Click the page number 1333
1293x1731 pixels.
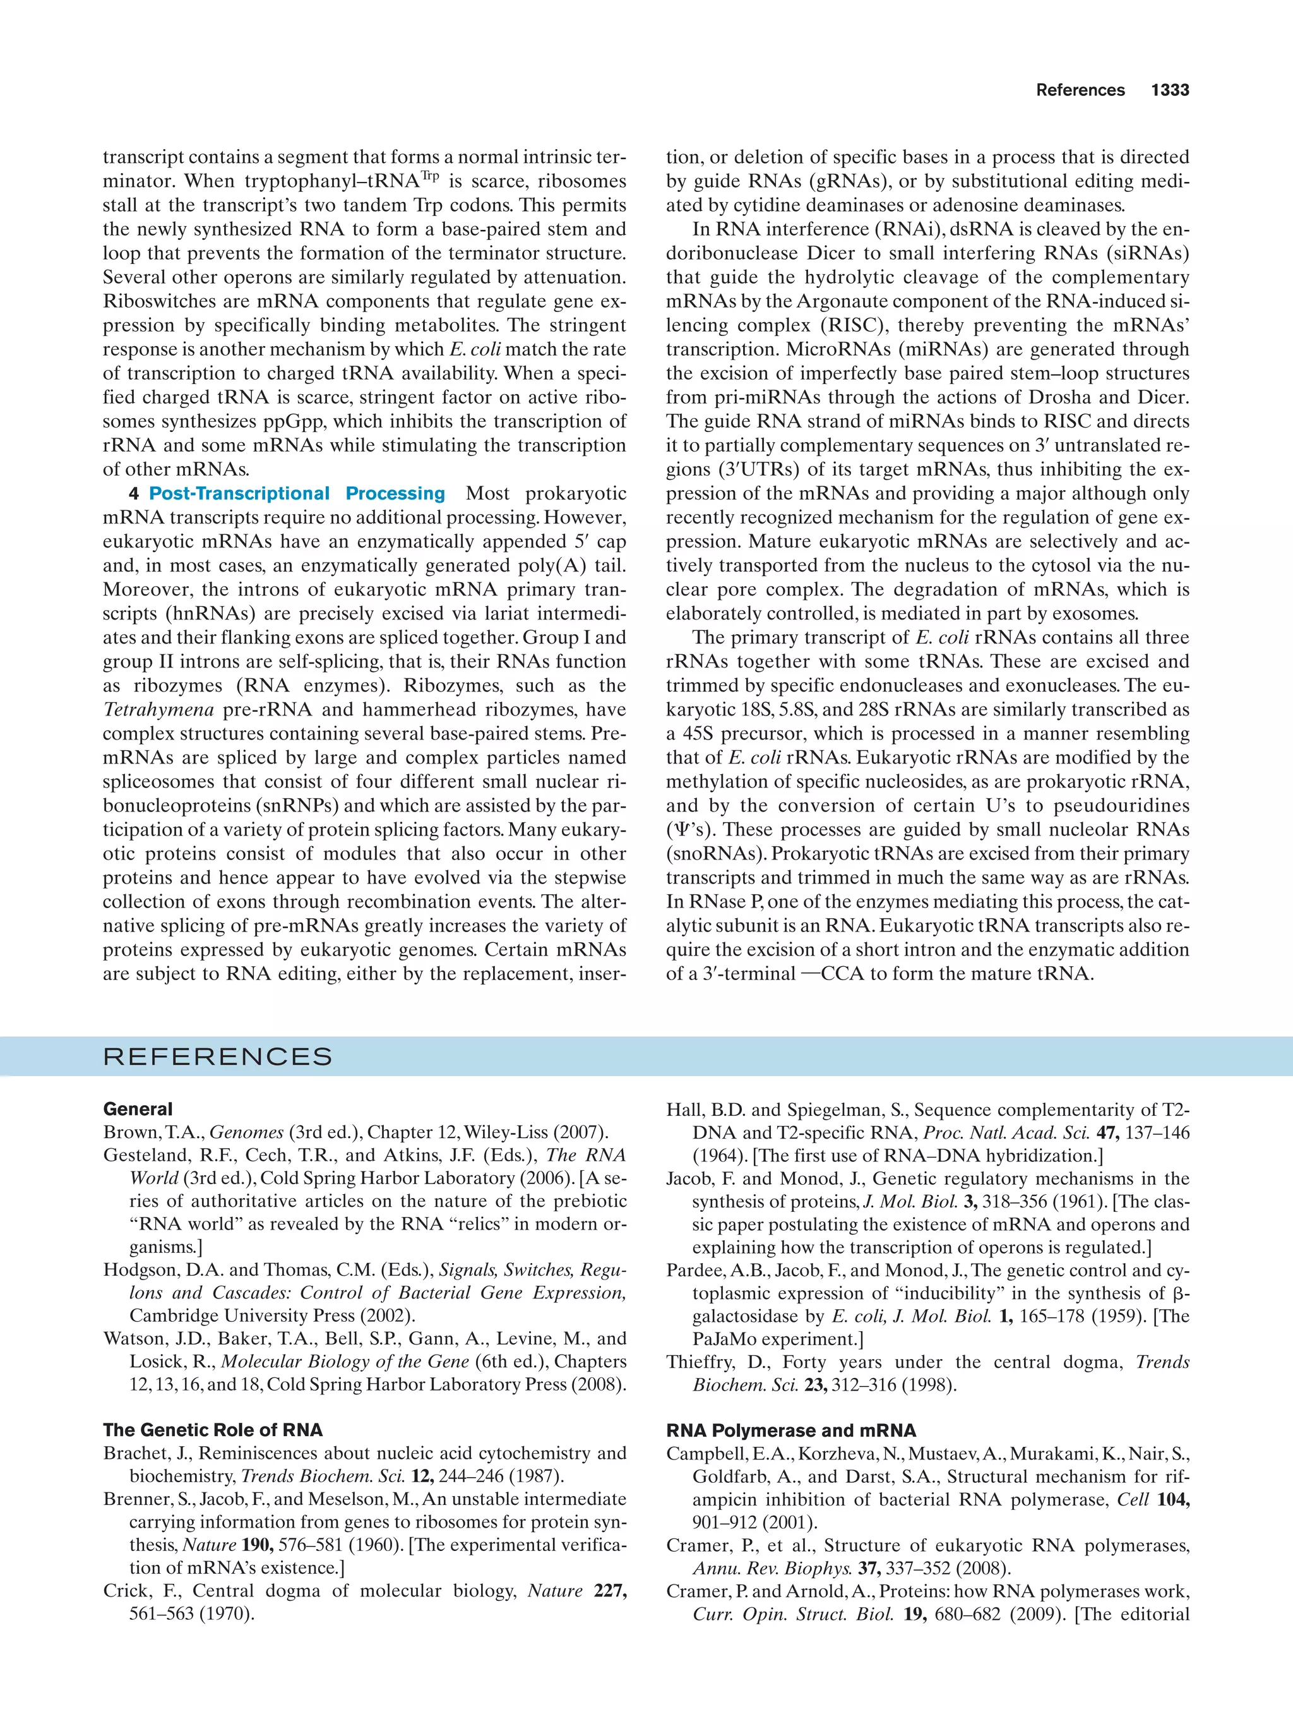click(1169, 90)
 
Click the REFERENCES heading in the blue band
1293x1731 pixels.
click(217, 1057)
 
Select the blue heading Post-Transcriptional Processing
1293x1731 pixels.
click(297, 494)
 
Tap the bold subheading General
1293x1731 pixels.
click(138, 1109)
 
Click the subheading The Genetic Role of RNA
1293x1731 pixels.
click(213, 1430)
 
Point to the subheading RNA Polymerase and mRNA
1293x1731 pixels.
click(791, 1430)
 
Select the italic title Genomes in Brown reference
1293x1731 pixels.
click(246, 1132)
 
